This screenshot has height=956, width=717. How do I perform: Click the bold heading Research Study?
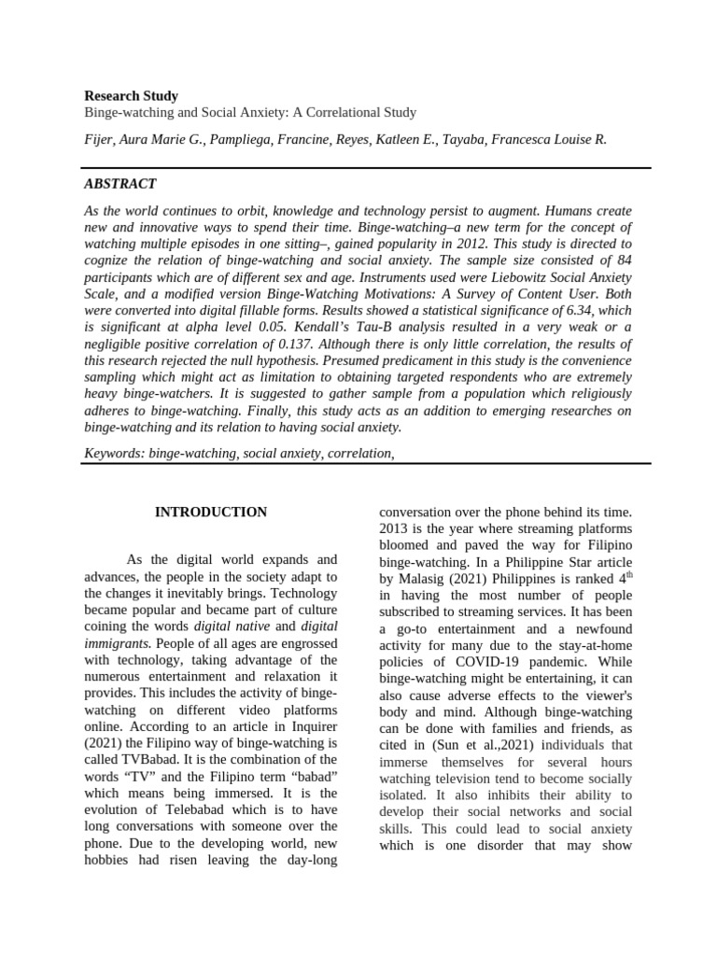[131, 95]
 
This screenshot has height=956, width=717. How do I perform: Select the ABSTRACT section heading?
[120, 184]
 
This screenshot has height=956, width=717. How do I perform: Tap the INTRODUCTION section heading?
[211, 513]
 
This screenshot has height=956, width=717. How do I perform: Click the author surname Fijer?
[99, 139]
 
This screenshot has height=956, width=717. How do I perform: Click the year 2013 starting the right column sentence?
[395, 528]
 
